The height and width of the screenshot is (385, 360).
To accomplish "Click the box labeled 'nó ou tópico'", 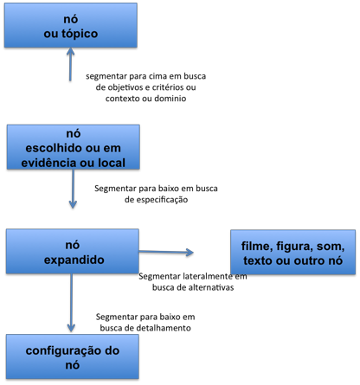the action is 71,25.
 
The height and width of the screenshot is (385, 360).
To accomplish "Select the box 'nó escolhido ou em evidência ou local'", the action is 74,147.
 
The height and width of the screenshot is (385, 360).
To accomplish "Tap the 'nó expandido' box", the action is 73,251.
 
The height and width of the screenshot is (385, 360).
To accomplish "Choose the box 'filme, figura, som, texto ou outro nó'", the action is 292,252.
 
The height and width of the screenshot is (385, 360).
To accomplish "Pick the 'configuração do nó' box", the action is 73,356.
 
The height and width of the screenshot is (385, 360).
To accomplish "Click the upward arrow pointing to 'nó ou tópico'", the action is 70,64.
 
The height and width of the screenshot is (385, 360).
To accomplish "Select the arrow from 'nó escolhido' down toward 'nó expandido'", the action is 73,189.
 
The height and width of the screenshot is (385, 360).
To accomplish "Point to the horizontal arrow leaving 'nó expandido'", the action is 166,252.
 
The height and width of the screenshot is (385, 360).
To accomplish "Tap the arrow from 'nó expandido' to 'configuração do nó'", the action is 71,303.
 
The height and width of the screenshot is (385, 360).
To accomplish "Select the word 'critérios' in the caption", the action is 168,87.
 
